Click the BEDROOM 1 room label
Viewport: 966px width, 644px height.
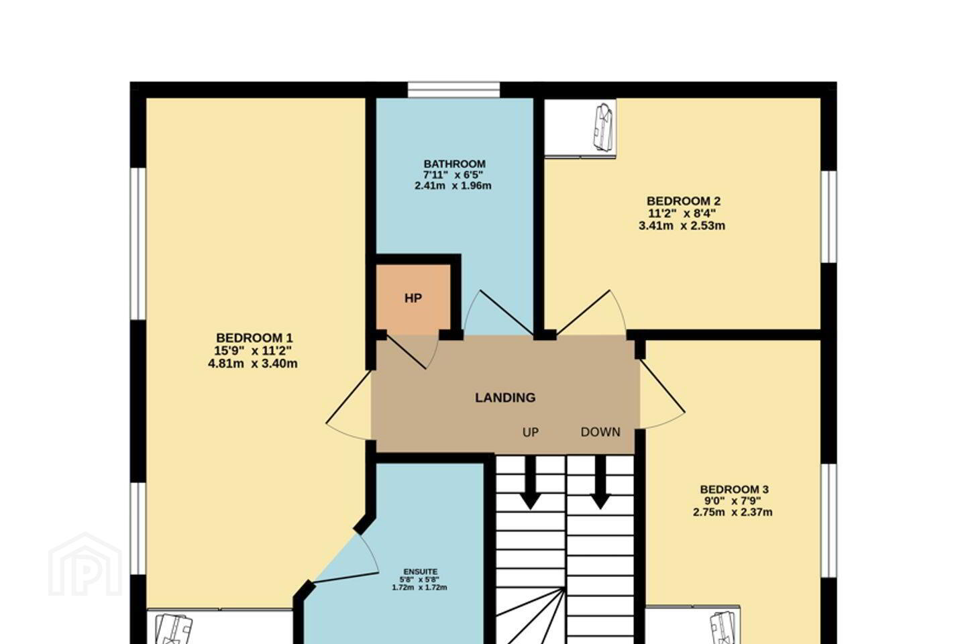click(254, 337)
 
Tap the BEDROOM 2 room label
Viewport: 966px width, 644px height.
click(684, 201)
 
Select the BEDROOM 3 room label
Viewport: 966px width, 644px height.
click(734, 490)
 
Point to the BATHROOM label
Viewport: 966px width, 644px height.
click(455, 164)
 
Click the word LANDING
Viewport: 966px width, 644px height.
click(505, 397)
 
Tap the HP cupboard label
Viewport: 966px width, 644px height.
click(413, 298)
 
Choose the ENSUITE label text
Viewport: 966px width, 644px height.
click(421, 572)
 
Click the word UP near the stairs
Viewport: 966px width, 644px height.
click(531, 432)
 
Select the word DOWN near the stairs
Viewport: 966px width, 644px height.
click(600, 432)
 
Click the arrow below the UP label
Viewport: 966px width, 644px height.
click(530, 482)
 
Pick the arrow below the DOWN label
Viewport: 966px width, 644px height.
click(600, 482)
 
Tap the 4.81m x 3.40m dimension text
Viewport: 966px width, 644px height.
click(253, 364)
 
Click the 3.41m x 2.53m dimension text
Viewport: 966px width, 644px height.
click(682, 225)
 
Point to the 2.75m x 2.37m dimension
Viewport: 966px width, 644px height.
click(733, 513)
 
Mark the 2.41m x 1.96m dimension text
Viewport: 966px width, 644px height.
click(453, 186)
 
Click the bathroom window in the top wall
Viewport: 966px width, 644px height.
click(453, 90)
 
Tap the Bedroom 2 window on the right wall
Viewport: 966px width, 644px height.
click(829, 217)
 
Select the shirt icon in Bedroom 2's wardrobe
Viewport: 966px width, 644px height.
click(603, 127)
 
